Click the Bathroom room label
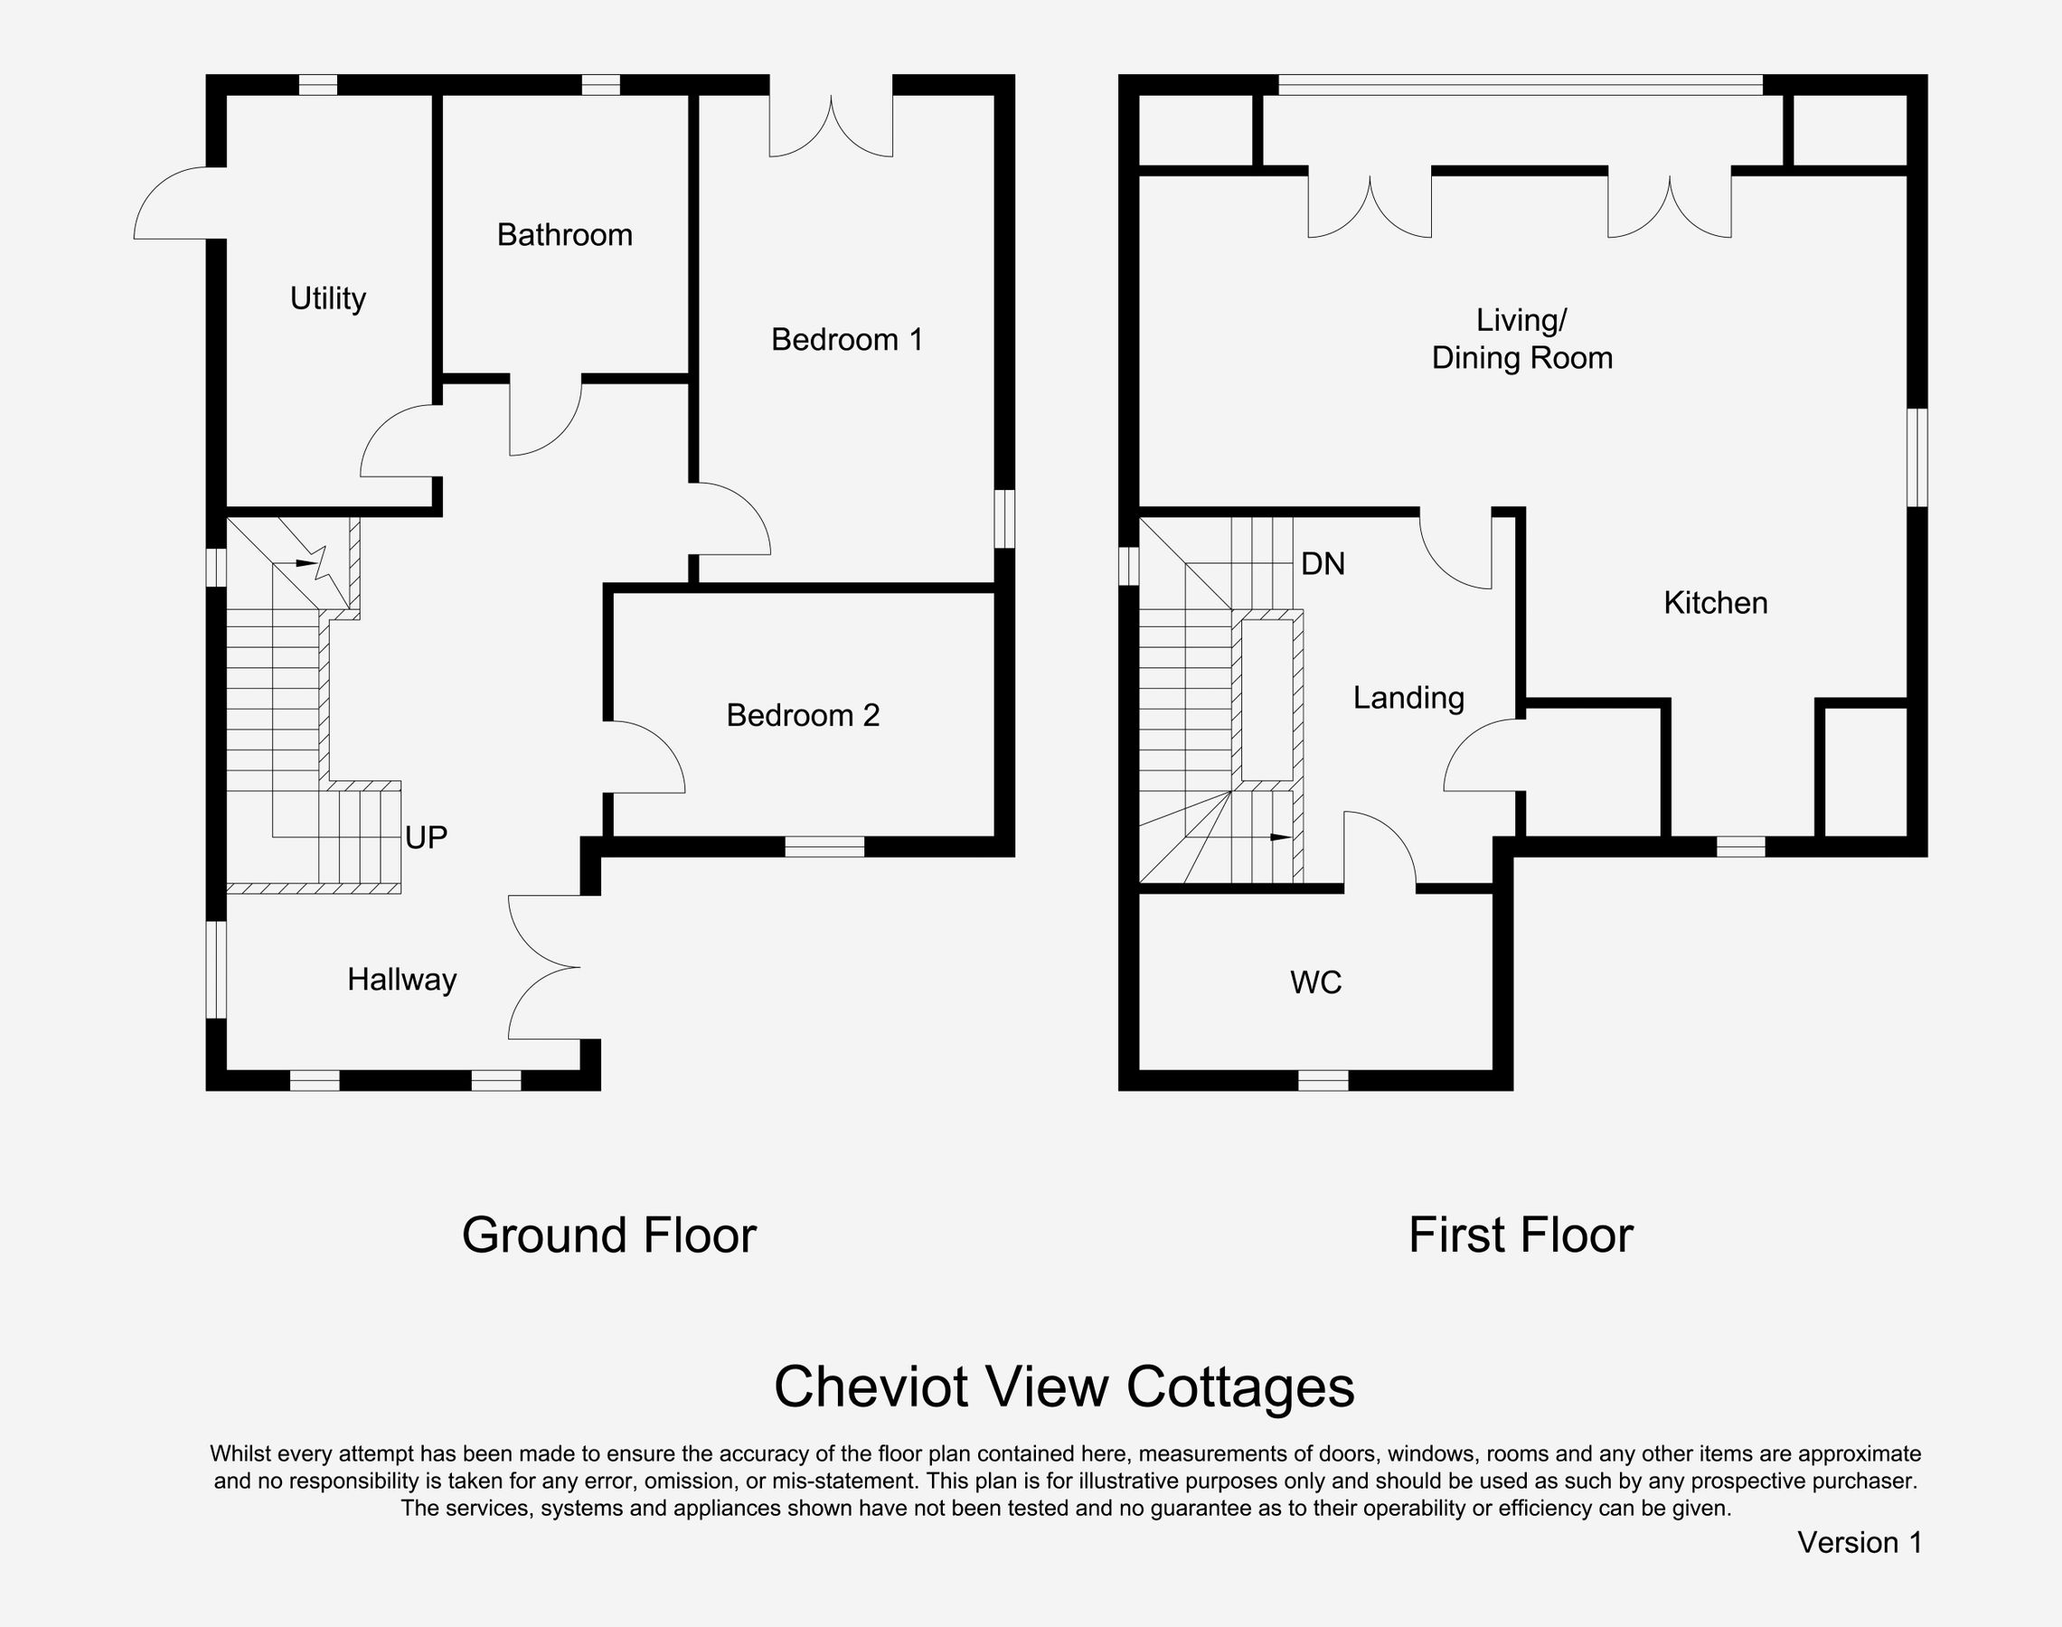(565, 234)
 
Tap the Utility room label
(327, 299)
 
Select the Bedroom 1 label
(847, 339)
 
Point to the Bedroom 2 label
(803, 715)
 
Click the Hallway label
(402, 979)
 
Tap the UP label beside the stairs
(426, 837)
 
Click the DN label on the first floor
(1323, 564)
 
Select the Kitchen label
(1715, 603)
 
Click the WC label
(1316, 983)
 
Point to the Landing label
(1408, 698)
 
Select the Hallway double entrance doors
(543, 967)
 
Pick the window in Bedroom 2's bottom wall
(824, 846)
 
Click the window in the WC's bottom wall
(1323, 1080)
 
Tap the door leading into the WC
(1379, 850)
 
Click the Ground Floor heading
(608, 1236)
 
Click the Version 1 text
(1860, 1542)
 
